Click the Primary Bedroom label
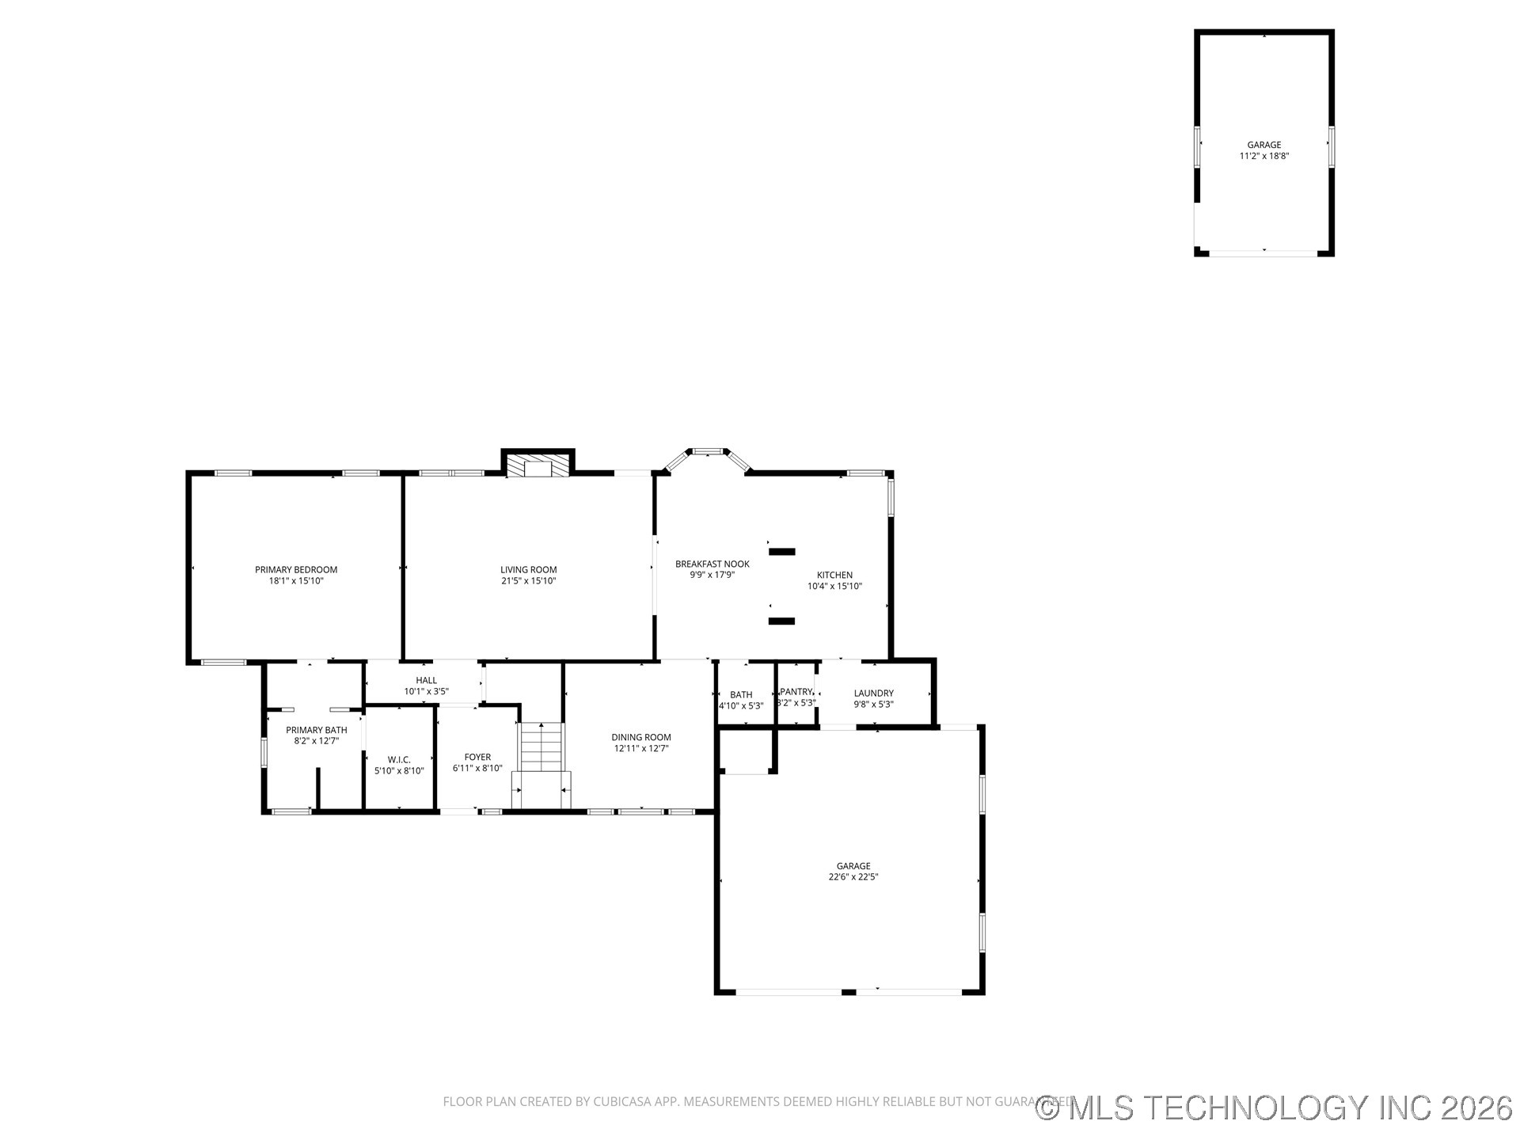(296, 569)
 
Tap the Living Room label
(528, 569)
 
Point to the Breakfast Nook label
(712, 564)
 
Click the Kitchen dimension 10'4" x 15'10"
(834, 587)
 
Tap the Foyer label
(477, 757)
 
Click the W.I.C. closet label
(399, 759)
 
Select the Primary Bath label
(316, 730)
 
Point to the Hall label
(426, 680)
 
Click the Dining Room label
(641, 737)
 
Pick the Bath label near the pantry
(741, 695)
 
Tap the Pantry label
(796, 692)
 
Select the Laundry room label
(873, 693)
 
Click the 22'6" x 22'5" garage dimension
(853, 877)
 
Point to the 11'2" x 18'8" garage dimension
(1264, 157)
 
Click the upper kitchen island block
(782, 552)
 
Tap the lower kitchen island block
(781, 621)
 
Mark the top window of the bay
(708, 451)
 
